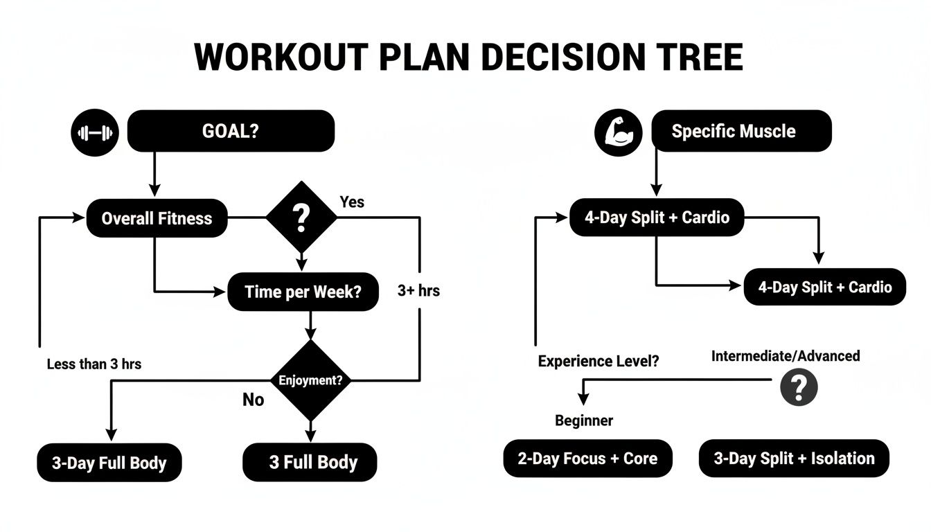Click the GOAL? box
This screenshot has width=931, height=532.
231,132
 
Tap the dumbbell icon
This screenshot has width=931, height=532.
96,133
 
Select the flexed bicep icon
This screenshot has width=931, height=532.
614,132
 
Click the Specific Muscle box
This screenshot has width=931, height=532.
741,132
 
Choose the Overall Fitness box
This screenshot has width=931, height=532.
157,218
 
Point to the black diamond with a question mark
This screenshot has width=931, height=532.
301,218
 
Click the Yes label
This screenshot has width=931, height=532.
352,202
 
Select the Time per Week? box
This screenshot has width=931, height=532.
303,292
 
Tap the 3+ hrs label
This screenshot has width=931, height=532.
418,291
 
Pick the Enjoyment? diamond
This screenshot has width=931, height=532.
310,380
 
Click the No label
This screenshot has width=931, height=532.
253,400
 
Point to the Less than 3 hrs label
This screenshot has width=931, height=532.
94,364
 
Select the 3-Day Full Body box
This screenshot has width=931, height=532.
109,463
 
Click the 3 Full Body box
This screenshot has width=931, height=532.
310,462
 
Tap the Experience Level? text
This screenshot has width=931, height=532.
598,361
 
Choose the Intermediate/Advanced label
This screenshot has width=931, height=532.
786,356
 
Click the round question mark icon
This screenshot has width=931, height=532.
799,387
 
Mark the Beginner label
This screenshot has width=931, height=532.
584,420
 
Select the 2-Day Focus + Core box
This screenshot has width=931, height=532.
587,458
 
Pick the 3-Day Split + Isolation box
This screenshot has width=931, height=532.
794,458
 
